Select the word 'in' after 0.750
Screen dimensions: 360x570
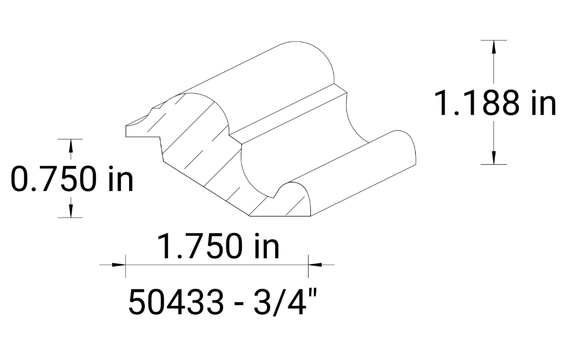point(120,179)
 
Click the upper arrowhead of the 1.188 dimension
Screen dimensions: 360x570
point(494,47)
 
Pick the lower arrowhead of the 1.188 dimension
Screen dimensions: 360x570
point(494,157)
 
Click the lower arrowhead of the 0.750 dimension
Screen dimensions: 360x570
point(70,211)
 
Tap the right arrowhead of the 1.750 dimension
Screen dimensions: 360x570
point(315,265)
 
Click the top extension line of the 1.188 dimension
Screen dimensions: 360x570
point(494,40)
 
